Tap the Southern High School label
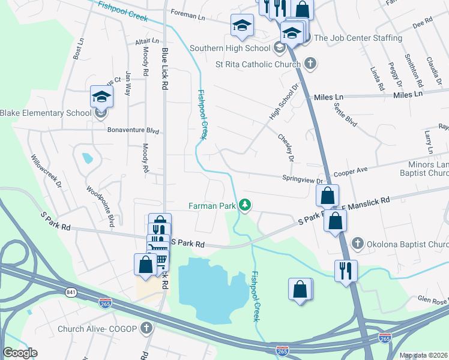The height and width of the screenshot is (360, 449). coord(229,48)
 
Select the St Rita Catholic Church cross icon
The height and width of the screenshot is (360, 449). coord(310,64)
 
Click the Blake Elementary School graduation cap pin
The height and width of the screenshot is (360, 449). coord(101,96)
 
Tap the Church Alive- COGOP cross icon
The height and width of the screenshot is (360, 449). coord(146,328)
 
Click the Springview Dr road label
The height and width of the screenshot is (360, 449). coord(303,179)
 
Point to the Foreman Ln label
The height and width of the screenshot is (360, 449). coord(188,12)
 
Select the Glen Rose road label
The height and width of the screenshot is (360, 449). coord(432,299)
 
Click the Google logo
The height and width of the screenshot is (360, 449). coord(20,353)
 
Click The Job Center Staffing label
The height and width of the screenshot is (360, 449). coord(358,38)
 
